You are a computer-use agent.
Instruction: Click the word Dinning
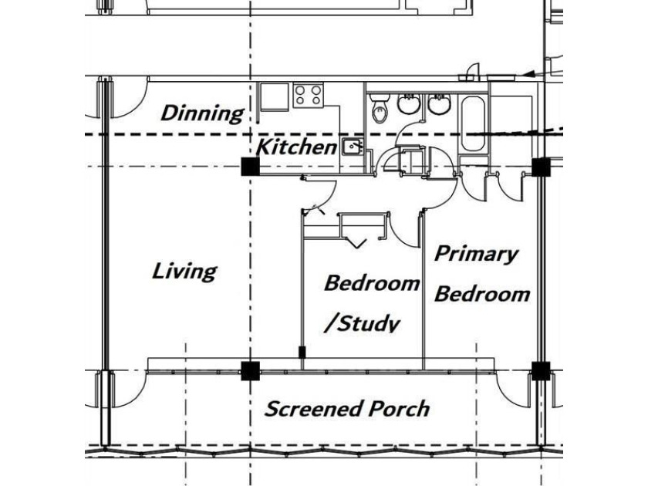202,113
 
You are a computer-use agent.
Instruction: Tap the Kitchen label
297,147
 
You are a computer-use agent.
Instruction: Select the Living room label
184,272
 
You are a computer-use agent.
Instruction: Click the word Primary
476,254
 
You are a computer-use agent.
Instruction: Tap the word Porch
399,409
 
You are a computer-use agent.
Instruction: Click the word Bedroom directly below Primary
482,294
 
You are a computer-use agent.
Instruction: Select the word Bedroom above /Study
372,283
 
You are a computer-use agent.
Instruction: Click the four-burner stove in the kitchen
308,96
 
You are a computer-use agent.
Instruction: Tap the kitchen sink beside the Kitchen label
353,147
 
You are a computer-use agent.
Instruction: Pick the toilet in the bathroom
379,107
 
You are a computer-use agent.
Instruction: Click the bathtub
472,123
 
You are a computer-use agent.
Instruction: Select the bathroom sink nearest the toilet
409,103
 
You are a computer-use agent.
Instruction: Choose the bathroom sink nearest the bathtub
439,103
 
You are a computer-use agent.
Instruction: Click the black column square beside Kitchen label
251,167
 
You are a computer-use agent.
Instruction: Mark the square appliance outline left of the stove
274,97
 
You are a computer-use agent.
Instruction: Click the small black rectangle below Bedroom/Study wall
302,353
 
